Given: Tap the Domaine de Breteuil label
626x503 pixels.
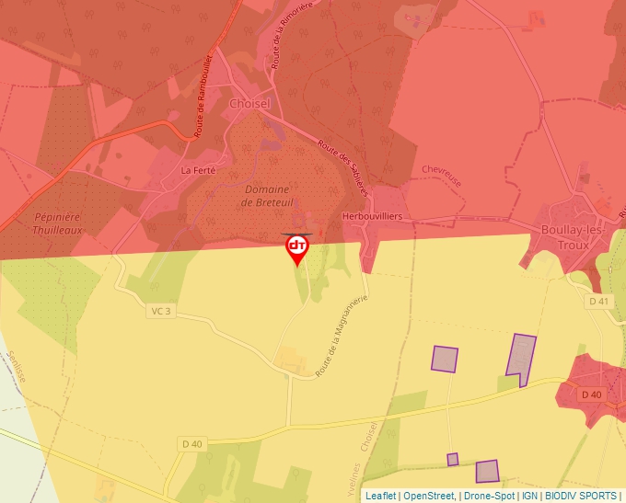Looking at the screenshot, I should click(x=265, y=196).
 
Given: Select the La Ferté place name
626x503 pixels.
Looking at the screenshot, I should click(x=198, y=170).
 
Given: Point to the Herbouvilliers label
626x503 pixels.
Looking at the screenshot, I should click(x=373, y=216).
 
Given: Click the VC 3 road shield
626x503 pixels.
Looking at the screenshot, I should click(x=160, y=311).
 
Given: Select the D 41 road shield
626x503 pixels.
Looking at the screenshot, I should click(x=598, y=302).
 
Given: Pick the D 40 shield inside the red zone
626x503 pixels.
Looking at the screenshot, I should click(x=591, y=394).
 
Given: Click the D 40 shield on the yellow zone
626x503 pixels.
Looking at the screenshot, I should click(x=192, y=444).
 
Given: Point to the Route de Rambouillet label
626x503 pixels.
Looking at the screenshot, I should click(x=204, y=97).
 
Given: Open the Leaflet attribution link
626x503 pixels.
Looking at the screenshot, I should click(x=381, y=496).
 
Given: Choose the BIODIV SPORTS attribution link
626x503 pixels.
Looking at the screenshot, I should click(x=582, y=496).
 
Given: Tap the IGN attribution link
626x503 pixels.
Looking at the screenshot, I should click(x=529, y=496).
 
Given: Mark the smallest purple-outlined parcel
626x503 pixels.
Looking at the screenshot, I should click(x=453, y=459).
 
